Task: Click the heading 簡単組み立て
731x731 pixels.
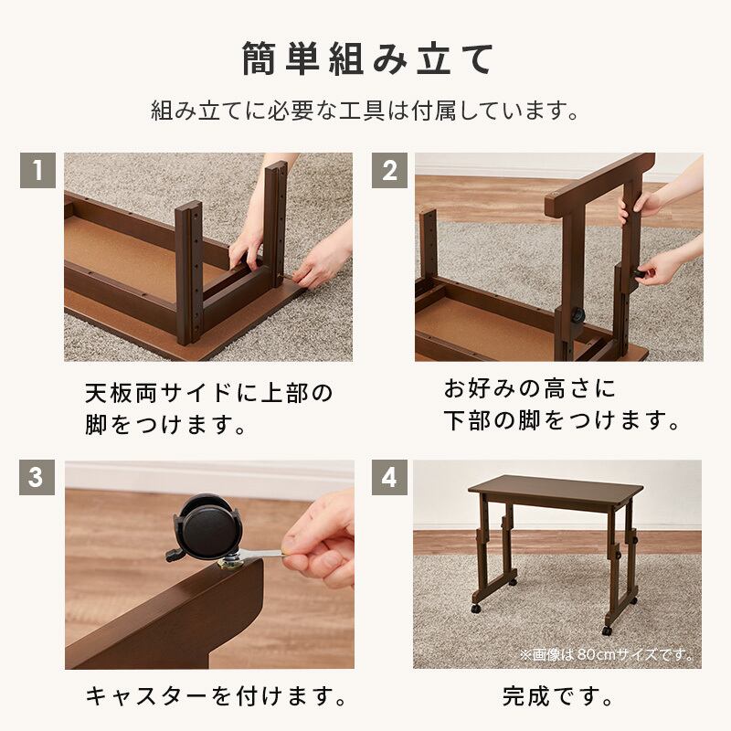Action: click(x=367, y=58)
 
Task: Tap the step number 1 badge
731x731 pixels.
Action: click(x=37, y=170)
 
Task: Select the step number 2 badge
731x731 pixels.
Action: click(x=389, y=170)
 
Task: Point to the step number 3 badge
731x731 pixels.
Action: click(x=37, y=477)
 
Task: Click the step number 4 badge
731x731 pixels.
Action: click(x=389, y=477)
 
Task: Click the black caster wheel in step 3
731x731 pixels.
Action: click(x=205, y=528)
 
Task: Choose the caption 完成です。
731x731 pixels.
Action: click(x=557, y=696)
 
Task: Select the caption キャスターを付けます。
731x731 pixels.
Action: click(x=216, y=696)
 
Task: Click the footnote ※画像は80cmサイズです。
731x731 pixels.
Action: click(x=606, y=654)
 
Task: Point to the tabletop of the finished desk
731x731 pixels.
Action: click(x=555, y=490)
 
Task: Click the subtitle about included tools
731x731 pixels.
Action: click(x=365, y=111)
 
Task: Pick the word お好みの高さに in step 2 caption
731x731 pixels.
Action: click(x=530, y=389)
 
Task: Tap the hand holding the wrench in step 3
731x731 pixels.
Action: click(x=319, y=541)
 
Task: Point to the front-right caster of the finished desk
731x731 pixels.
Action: click(x=607, y=630)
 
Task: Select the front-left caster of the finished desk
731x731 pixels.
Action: click(x=475, y=608)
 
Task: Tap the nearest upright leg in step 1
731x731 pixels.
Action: click(x=189, y=272)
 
